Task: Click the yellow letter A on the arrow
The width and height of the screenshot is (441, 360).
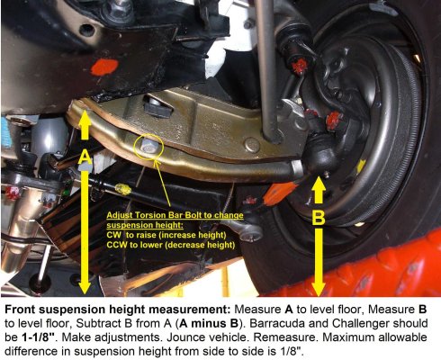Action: pyautogui.click(x=85, y=157)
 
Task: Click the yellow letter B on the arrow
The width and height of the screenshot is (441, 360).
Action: pyautogui.click(x=319, y=217)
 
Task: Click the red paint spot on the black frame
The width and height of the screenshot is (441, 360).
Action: pyautogui.click(x=103, y=67)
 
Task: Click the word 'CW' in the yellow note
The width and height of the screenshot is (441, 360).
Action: pyautogui.click(x=113, y=235)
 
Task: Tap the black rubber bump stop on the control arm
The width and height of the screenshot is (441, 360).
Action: pyautogui.click(x=157, y=106)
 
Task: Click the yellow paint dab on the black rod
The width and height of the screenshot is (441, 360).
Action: pyautogui.click(x=123, y=189)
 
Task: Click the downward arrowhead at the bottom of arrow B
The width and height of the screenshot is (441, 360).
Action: pyautogui.click(x=319, y=287)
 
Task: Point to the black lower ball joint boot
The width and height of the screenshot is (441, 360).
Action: pyautogui.click(x=320, y=153)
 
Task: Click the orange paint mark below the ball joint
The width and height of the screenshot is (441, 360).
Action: pyautogui.click(x=279, y=193)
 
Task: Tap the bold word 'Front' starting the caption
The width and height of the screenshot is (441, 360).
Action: pyautogui.click(x=20, y=310)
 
